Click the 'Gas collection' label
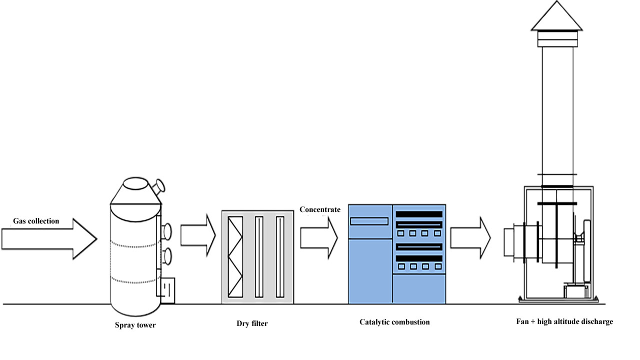(36, 221)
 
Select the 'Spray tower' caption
(135, 325)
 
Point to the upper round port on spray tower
(166, 230)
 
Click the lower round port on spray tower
(166, 255)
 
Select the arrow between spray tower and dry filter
(197, 234)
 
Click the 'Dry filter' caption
(252, 323)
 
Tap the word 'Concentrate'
(320, 209)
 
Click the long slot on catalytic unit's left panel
(369, 221)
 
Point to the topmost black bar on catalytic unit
(419, 214)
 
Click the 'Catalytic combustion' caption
(394, 322)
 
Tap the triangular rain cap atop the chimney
(556, 15)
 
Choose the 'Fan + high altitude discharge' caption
(564, 321)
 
